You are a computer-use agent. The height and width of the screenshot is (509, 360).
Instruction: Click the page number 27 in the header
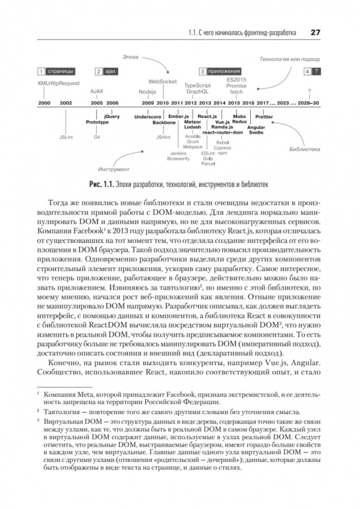pos(314,33)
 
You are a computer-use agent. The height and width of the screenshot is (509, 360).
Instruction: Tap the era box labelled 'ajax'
pos(106,71)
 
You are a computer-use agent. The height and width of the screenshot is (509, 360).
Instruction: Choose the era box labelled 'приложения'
pos(220,71)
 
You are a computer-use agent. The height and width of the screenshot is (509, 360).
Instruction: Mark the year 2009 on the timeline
pos(148,103)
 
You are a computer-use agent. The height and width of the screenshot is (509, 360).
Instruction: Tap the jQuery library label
pos(111,116)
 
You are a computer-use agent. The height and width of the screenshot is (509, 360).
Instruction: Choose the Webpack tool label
pos(193,146)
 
